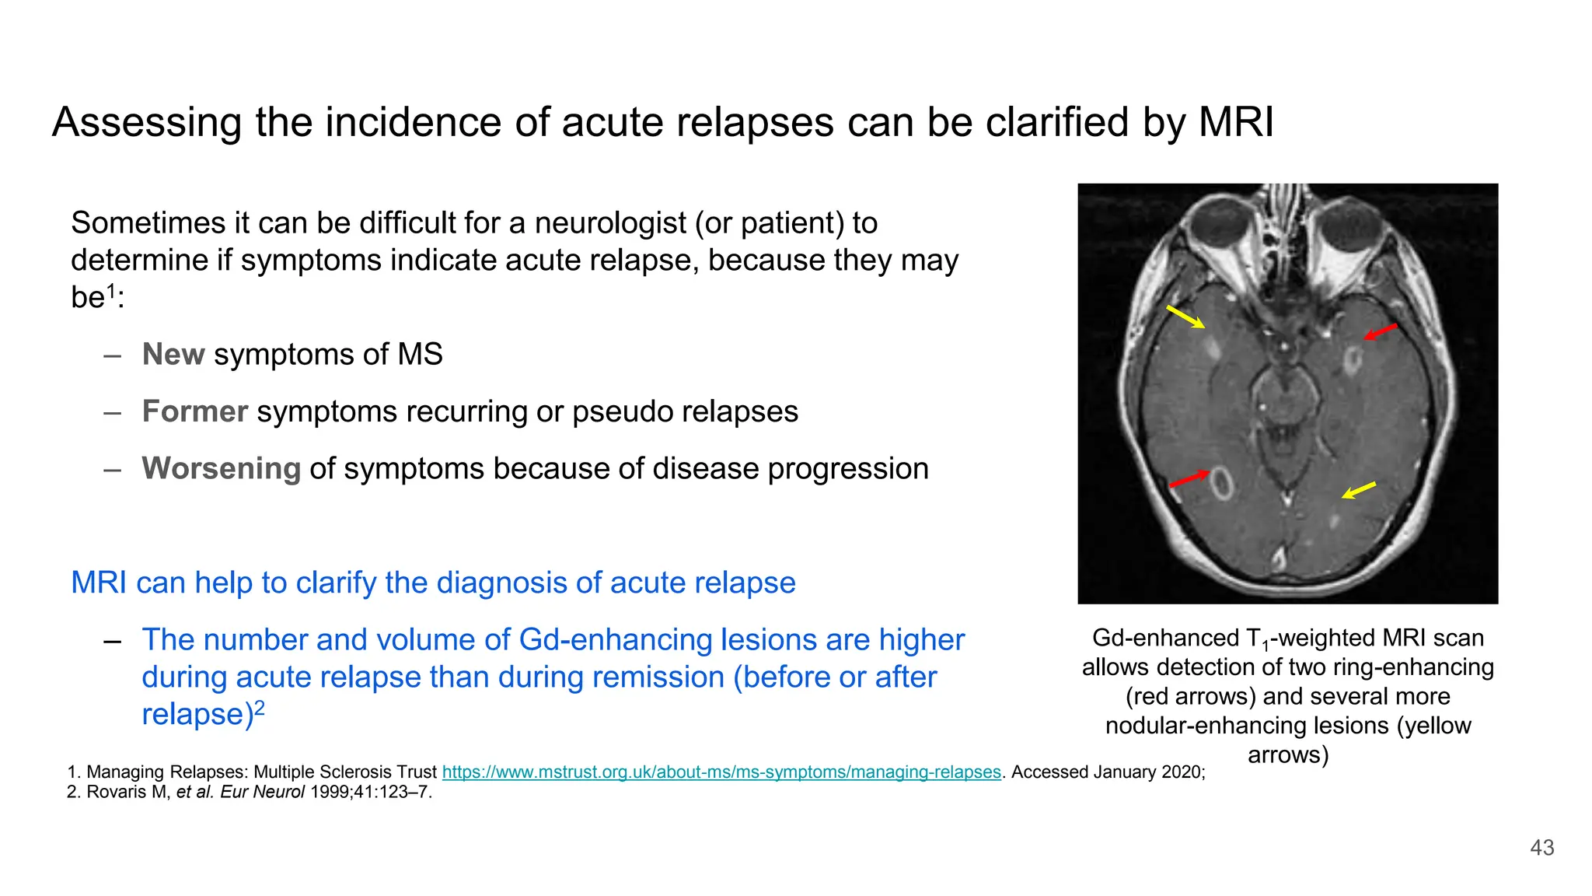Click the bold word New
click(173, 355)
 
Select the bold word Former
click(195, 411)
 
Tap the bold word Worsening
click(222, 468)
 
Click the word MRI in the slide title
click(1236, 122)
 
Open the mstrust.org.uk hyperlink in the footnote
click(721, 772)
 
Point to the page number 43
click(1542, 848)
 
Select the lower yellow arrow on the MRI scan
click(1359, 490)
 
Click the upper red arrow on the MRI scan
click(1381, 332)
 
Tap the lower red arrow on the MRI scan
click(1189, 478)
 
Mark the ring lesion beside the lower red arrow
click(1222, 484)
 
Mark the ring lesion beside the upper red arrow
click(1353, 359)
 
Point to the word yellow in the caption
click(1433, 726)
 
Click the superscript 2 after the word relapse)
click(260, 707)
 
